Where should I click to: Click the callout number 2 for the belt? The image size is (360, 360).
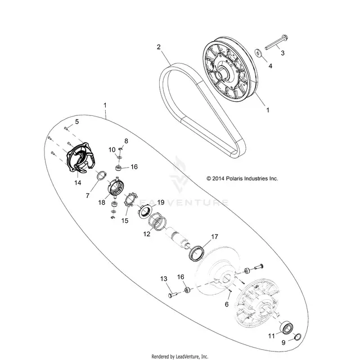[x=159, y=47]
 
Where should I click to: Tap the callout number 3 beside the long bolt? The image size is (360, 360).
[x=282, y=53]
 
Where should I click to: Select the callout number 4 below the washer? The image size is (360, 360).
[x=271, y=66]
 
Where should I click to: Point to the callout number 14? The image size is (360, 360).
[x=78, y=182]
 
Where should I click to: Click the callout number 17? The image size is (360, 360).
[x=214, y=236]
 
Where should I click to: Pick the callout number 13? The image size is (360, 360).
[x=164, y=279]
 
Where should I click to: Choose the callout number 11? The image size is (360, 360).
[x=271, y=336]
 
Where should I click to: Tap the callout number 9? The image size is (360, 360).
[x=283, y=343]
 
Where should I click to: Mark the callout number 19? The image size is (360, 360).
[x=161, y=202]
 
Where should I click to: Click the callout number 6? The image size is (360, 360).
[x=227, y=304]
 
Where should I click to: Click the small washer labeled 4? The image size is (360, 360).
[x=259, y=53]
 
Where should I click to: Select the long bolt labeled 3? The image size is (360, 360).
[x=276, y=43]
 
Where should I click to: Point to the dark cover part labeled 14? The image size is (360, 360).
[x=80, y=157]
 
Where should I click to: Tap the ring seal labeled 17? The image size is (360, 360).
[x=197, y=253]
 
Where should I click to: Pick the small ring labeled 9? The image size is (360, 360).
[x=298, y=337]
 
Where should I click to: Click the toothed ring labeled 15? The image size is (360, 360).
[x=130, y=200]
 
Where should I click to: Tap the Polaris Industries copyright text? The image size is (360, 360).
[x=242, y=178]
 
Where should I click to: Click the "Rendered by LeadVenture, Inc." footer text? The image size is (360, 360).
[x=180, y=357]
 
